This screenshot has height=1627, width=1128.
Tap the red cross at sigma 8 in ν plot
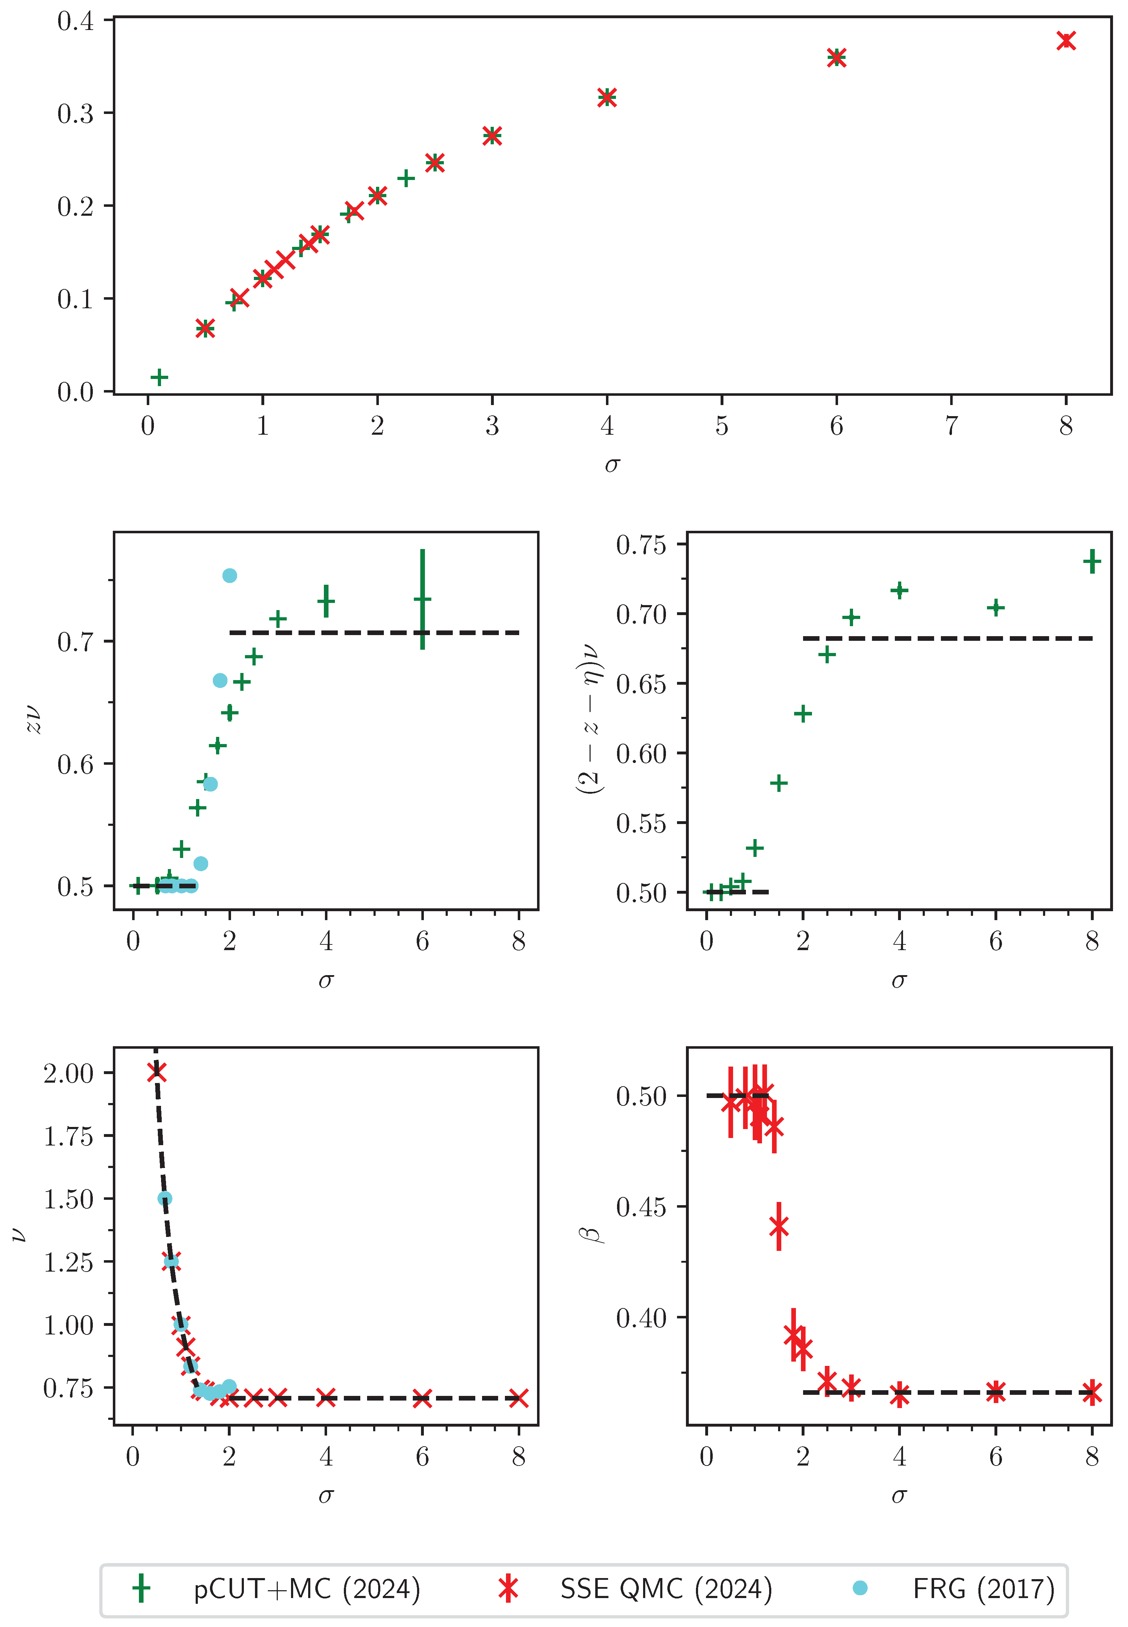coord(519,1398)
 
